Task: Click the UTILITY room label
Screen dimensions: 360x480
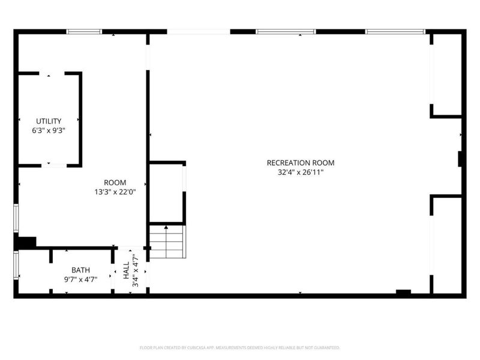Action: click(48, 121)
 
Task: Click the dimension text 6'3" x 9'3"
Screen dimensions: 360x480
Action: click(48, 130)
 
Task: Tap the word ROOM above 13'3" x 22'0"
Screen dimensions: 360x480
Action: click(115, 182)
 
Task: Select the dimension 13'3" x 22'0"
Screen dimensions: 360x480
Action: click(115, 192)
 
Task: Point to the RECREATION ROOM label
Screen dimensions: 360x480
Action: click(300, 163)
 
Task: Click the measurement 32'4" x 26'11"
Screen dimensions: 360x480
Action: click(300, 172)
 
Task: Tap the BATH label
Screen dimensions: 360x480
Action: click(80, 270)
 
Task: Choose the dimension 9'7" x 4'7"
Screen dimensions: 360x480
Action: click(80, 279)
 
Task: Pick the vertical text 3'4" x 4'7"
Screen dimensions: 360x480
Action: click(136, 271)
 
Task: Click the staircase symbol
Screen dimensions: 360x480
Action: click(167, 241)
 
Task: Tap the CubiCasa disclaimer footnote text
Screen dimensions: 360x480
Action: click(240, 347)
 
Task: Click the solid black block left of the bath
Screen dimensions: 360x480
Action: click(26, 242)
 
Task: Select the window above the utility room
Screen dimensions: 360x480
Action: click(84, 31)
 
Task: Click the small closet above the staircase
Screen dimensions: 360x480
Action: click(166, 193)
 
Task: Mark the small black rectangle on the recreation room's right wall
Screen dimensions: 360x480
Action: click(460, 159)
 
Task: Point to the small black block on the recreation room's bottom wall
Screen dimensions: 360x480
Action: click(403, 293)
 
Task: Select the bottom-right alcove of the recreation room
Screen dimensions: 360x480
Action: click(447, 244)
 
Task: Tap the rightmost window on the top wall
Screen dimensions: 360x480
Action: click(395, 31)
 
